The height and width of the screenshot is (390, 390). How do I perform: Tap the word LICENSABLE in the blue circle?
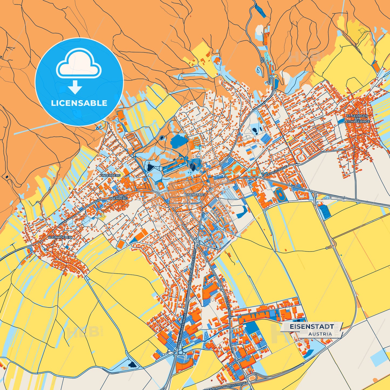[x=79, y=103]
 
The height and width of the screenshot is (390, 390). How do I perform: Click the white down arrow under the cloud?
[x=75, y=87]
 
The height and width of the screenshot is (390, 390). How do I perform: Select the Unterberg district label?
[x=110, y=175]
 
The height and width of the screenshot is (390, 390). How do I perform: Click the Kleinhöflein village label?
[x=60, y=237]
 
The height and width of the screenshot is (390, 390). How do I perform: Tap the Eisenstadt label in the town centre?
[x=195, y=195]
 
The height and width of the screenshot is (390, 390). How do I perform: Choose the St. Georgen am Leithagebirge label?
[x=357, y=119]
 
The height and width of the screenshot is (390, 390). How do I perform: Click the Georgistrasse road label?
[x=276, y=171]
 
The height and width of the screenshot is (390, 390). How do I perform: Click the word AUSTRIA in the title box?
[x=320, y=334]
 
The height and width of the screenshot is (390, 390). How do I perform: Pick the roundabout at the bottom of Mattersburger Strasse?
[x=176, y=353]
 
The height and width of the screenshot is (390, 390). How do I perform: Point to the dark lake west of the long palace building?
[x=149, y=168]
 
